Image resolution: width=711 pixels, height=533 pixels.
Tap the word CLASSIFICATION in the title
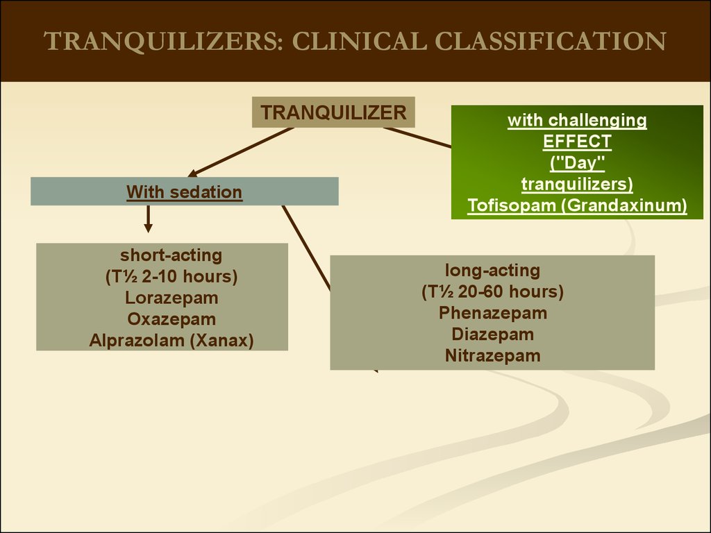pyautogui.click(x=551, y=41)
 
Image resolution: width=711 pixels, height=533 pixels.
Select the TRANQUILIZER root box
pyautogui.click(x=333, y=112)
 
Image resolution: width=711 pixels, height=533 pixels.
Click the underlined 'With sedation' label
pyautogui.click(x=184, y=192)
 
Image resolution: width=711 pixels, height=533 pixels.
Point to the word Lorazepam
pyautogui.click(x=172, y=298)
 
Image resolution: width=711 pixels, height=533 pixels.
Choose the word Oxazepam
pyautogui.click(x=172, y=319)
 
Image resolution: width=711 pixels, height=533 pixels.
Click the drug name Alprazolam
pyautogui.click(x=137, y=340)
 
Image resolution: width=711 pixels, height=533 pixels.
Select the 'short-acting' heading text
pyautogui.click(x=171, y=255)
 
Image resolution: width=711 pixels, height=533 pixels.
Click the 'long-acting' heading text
pyautogui.click(x=492, y=270)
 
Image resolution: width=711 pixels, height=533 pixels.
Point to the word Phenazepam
pyautogui.click(x=493, y=313)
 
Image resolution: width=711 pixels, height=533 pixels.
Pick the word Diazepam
pyautogui.click(x=492, y=334)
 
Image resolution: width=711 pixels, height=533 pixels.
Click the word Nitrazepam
pyautogui.click(x=492, y=355)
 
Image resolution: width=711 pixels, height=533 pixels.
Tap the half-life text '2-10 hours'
pyautogui.click(x=190, y=276)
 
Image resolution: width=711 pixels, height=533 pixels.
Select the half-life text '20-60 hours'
pyautogui.click(x=510, y=291)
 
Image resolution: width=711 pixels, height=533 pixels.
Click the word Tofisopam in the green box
pyautogui.click(x=512, y=205)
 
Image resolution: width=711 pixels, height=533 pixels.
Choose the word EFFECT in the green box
pyautogui.click(x=577, y=142)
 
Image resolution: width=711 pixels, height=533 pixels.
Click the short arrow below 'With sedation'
pyautogui.click(x=148, y=219)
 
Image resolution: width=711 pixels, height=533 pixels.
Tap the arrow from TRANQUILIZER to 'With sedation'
pyautogui.click(x=241, y=152)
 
